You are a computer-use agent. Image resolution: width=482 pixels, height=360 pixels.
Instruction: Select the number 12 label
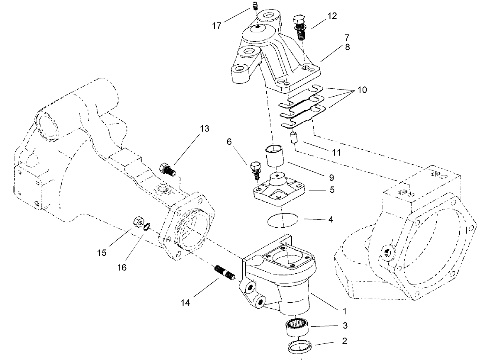click(331, 16)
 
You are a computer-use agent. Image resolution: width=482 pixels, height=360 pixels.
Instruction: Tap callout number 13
click(204, 129)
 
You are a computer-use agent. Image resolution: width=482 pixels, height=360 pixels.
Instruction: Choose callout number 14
click(185, 303)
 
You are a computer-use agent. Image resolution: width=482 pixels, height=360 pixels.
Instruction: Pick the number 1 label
click(343, 311)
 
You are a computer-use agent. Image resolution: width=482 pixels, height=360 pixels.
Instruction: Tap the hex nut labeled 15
click(137, 222)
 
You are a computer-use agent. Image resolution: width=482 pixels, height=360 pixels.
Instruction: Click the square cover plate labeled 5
click(279, 189)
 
